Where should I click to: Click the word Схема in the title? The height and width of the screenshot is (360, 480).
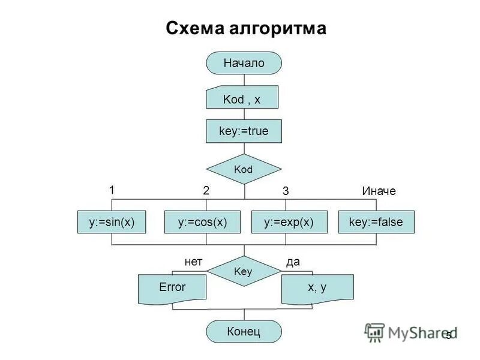(197, 28)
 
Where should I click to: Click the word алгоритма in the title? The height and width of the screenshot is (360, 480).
(280, 28)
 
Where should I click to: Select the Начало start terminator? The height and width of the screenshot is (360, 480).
(244, 63)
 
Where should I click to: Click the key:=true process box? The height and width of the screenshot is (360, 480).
(244, 131)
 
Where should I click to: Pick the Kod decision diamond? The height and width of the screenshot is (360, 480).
(244, 169)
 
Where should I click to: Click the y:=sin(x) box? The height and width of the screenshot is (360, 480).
(112, 222)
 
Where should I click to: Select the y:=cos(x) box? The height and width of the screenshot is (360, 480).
(203, 222)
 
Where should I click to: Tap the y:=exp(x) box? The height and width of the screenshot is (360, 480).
(289, 222)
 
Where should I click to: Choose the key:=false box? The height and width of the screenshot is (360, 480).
(376, 222)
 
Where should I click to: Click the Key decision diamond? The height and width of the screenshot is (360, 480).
(244, 271)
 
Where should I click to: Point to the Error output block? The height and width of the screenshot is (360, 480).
(172, 288)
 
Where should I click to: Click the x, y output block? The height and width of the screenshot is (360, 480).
(317, 288)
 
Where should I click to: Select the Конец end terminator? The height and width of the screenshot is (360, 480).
(244, 331)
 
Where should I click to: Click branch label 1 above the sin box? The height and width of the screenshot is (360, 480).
(112, 190)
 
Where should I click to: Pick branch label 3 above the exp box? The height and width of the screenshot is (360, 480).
(286, 191)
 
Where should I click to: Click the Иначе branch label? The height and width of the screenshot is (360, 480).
(379, 191)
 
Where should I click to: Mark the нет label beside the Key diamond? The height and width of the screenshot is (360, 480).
(194, 262)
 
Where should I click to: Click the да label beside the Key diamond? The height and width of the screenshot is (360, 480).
(293, 262)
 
